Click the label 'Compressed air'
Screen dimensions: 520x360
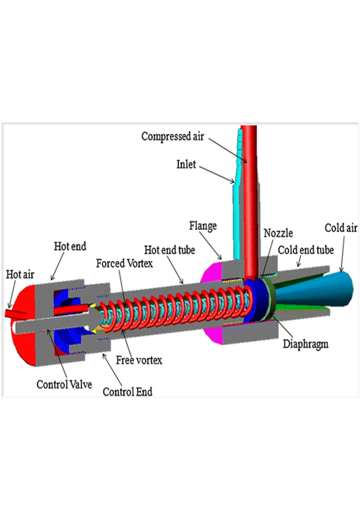click(172, 136)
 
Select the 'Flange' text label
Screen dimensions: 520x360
click(203, 226)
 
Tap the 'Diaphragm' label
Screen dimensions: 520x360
click(305, 344)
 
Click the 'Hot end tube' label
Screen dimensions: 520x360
click(169, 249)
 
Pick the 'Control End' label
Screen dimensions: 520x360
click(127, 391)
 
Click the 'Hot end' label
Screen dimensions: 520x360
click(70, 246)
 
